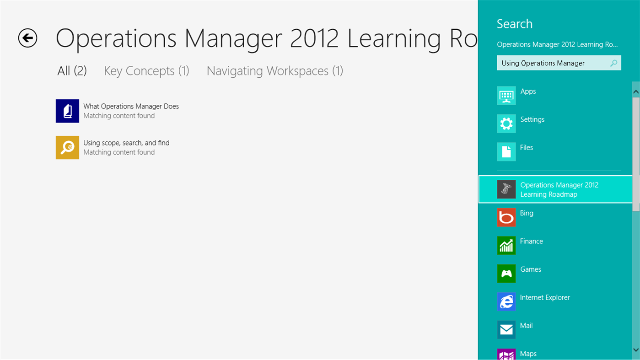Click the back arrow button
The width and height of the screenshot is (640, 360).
tap(27, 38)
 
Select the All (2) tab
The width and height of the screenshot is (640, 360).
tap(72, 71)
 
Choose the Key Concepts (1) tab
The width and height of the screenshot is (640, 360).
tap(146, 71)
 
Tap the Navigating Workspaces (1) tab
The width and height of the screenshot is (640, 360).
tap(274, 71)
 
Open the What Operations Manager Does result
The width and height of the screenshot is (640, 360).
tap(131, 106)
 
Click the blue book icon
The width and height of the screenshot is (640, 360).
tap(67, 111)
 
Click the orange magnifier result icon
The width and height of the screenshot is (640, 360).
tap(67, 148)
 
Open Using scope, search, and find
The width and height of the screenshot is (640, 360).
tap(126, 143)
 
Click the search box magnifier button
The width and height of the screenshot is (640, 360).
tap(614, 63)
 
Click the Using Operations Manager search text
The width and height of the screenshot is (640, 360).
tap(543, 63)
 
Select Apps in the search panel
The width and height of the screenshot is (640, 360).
tap(528, 91)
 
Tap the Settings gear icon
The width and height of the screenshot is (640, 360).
tap(506, 124)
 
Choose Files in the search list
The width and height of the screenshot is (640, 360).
tap(527, 147)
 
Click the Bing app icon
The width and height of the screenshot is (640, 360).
tap(506, 217)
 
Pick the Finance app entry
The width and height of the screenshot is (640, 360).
tap(531, 241)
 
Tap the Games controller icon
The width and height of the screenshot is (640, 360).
tap(506, 274)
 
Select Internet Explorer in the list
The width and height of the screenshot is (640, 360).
tap(545, 297)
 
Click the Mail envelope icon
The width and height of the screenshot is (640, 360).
tap(506, 330)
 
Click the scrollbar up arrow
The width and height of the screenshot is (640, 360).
tap(636, 91)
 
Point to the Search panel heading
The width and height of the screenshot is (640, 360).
tap(515, 24)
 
